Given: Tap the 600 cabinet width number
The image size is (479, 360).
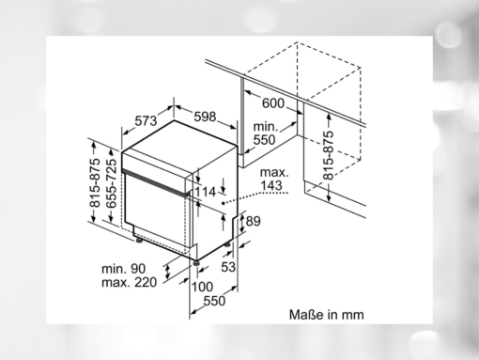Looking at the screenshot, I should (272, 103).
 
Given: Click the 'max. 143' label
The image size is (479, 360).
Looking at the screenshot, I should (274, 179).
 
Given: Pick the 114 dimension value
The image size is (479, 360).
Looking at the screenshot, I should (206, 192).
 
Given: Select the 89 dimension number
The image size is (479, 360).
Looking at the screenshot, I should (252, 222).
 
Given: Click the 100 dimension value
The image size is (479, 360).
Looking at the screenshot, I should (202, 287).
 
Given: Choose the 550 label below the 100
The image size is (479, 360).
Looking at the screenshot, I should (215, 301).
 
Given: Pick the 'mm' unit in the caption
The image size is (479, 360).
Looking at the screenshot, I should (351, 315).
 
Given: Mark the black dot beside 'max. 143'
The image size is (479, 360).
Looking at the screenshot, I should (222, 200).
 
